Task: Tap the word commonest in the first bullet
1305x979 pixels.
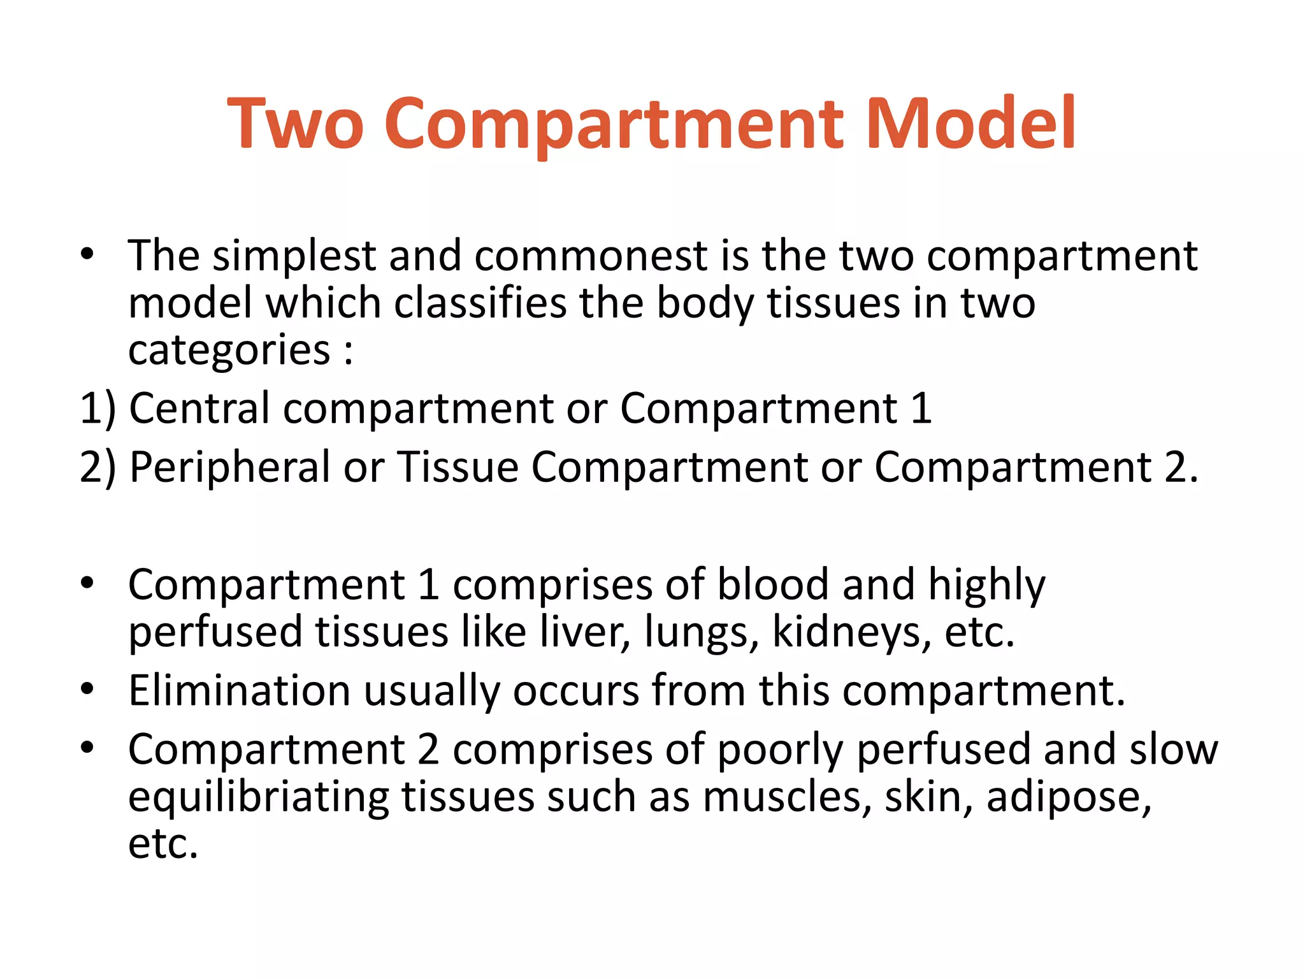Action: click(x=591, y=256)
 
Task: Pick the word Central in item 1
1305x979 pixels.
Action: click(x=199, y=408)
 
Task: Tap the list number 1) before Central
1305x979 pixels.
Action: click(x=97, y=408)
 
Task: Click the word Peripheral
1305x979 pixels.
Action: click(x=229, y=467)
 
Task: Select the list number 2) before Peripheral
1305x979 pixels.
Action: click(x=97, y=467)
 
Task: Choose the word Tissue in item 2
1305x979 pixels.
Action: click(x=458, y=467)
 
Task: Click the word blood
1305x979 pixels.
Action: click(x=773, y=584)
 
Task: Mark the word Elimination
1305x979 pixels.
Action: click(x=239, y=690)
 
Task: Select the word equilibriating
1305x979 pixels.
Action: click(x=258, y=797)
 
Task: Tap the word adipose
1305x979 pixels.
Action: click(x=1069, y=797)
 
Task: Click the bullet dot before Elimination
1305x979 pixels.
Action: click(x=87, y=689)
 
